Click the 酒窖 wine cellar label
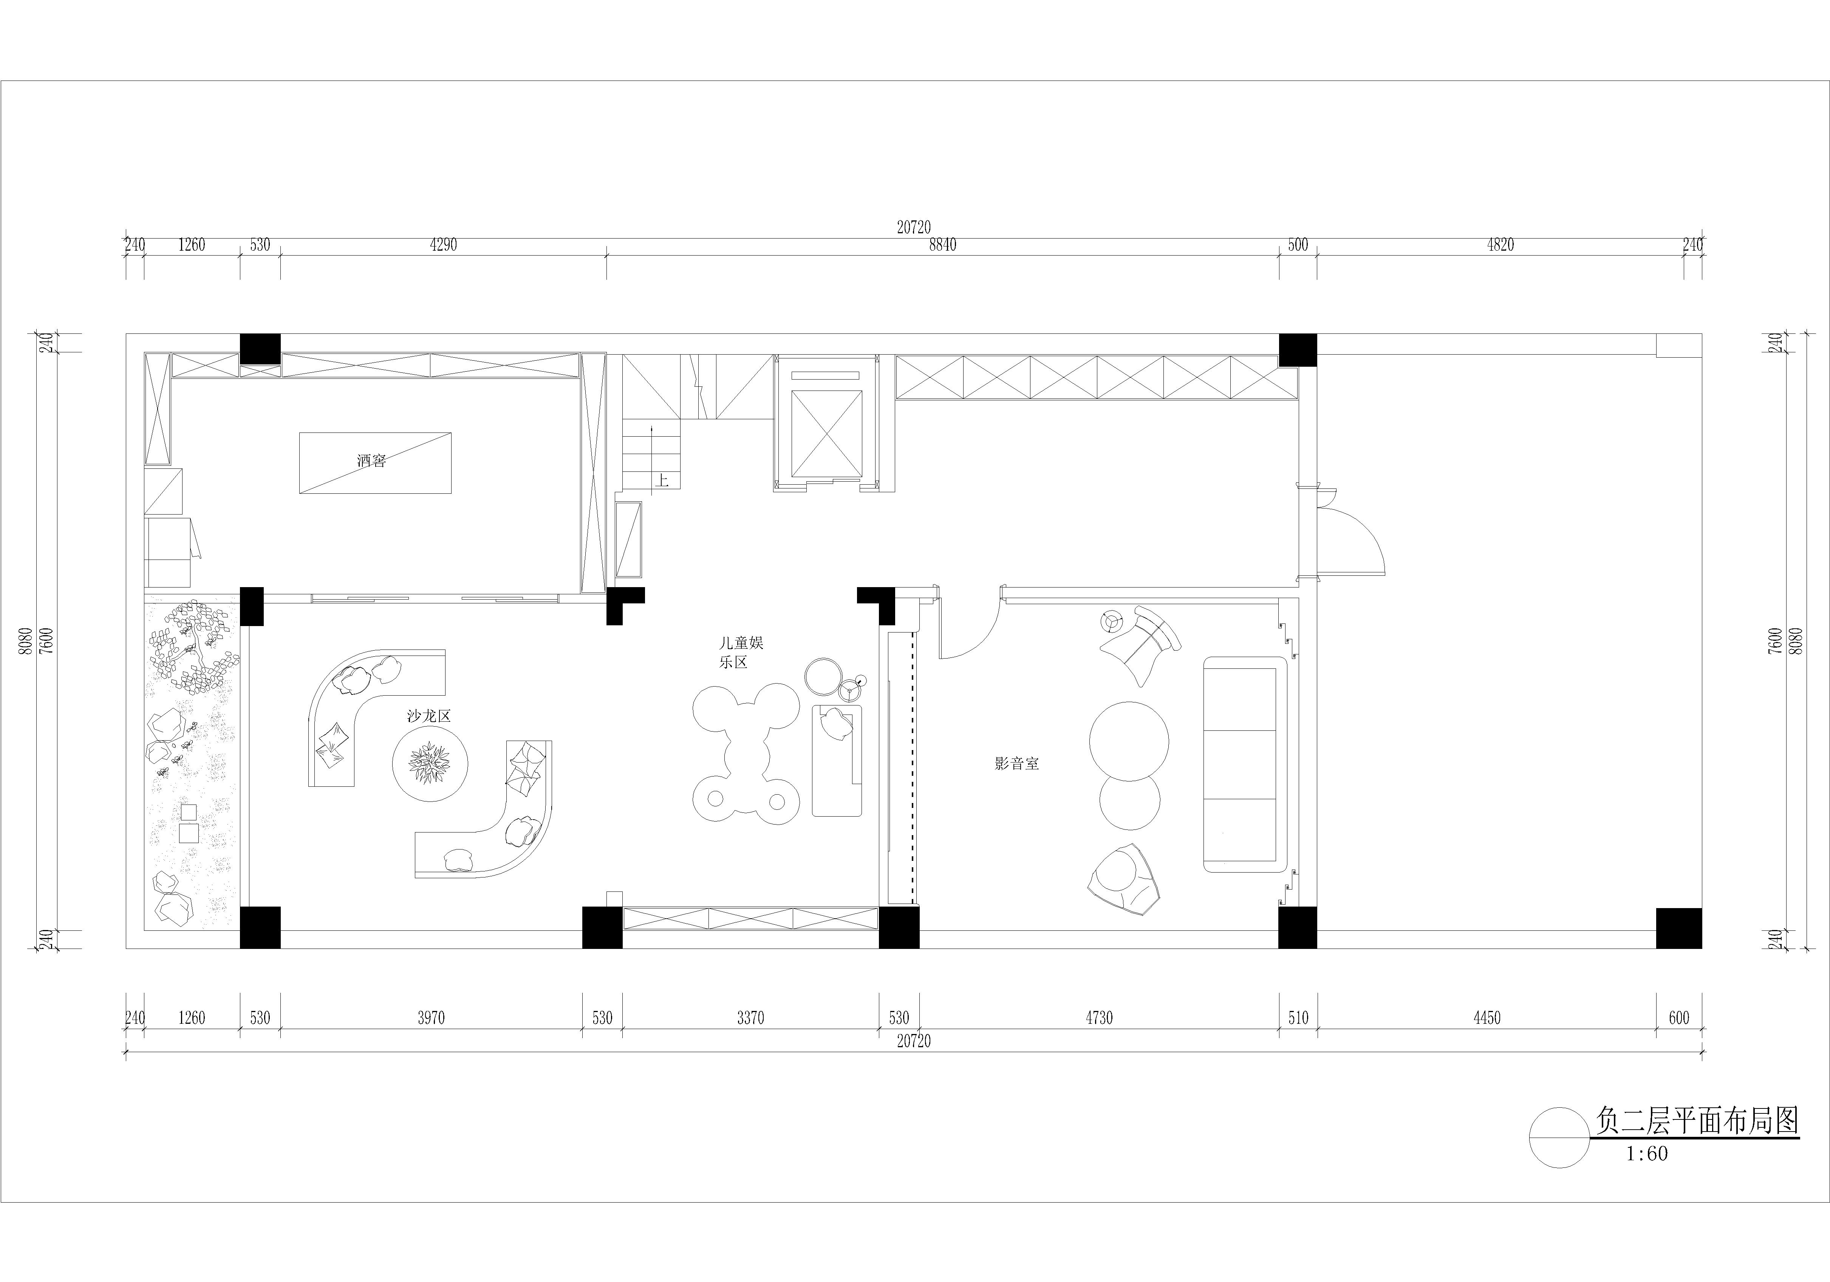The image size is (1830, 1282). pyautogui.click(x=371, y=461)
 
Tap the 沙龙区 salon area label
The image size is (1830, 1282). pyautogui.click(x=429, y=716)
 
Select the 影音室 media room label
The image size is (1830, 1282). pyautogui.click(x=1017, y=763)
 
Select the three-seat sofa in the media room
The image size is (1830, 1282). pyautogui.click(x=1245, y=764)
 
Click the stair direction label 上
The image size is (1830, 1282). pyautogui.click(x=662, y=480)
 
